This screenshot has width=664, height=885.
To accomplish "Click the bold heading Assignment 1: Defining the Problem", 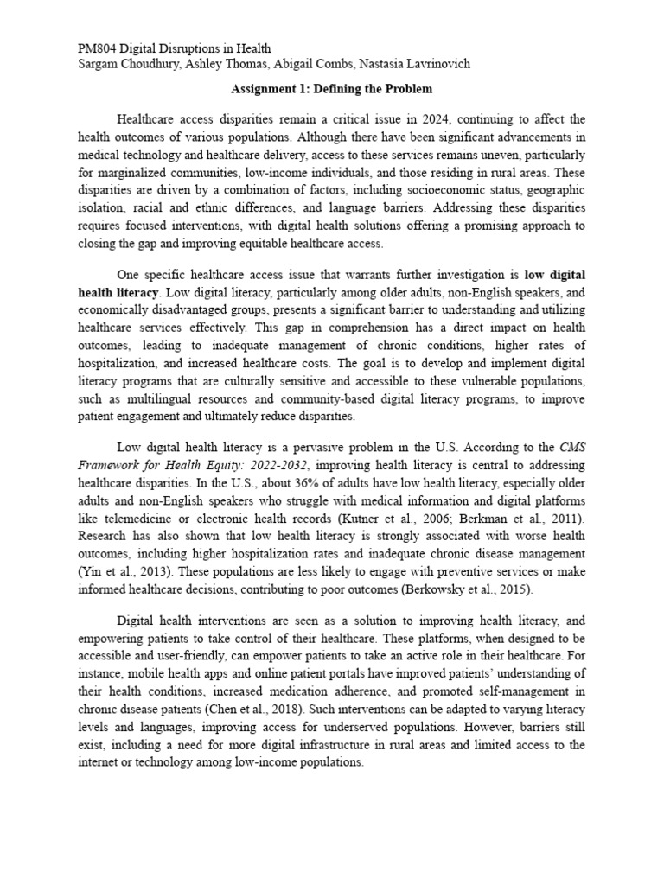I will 332,89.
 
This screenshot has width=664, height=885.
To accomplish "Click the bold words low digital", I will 556,273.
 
